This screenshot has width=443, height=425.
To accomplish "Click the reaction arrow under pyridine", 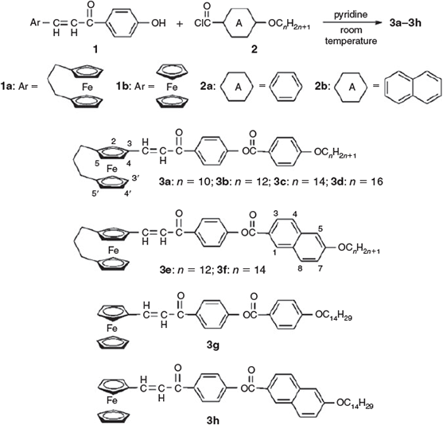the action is pyautogui.click(x=352, y=23).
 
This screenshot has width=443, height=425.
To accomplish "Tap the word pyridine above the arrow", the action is pyautogui.click(x=351, y=14).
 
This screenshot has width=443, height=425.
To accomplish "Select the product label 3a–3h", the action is pyautogui.click(x=405, y=23).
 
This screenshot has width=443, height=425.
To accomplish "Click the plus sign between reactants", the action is pyautogui.click(x=180, y=23).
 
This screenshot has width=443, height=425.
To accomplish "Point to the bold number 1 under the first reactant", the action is pyautogui.click(x=95, y=49).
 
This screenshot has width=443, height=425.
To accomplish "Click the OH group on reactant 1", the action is pyautogui.click(x=158, y=23).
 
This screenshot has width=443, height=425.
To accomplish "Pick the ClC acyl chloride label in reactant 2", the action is pyautogui.click(x=202, y=23).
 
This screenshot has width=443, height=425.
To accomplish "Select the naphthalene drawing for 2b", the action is pyautogui.click(x=414, y=88).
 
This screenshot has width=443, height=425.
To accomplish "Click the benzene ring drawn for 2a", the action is pyautogui.click(x=286, y=87).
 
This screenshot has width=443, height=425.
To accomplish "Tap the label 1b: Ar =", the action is pyautogui.click(x=135, y=87).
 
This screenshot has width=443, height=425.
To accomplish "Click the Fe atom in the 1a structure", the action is pyautogui.click(x=87, y=88).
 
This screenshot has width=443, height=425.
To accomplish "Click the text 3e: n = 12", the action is pyautogui.click(x=185, y=270).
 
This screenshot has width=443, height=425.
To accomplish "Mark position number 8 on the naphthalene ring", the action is pyautogui.click(x=300, y=268).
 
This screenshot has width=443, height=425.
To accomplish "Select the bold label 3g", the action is pyautogui.click(x=212, y=345).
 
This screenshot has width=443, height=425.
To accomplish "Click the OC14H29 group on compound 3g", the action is pyautogui.click(x=333, y=314).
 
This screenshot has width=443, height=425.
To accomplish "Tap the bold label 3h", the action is pyautogui.click(x=212, y=420).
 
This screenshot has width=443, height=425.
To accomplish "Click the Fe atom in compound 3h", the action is pyautogui.click(x=112, y=400).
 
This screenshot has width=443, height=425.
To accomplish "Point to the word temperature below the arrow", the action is pyautogui.click(x=351, y=41).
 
